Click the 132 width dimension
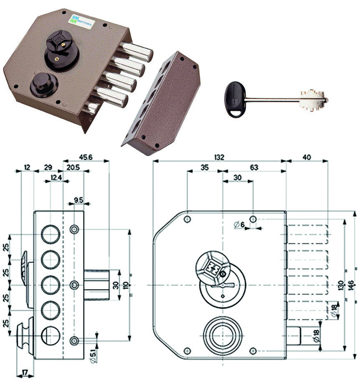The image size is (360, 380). pos(219,157)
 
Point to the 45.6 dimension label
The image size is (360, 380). pos(86,157)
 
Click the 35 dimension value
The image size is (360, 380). pos(204,167)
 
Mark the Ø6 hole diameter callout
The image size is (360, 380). pos(240,225)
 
